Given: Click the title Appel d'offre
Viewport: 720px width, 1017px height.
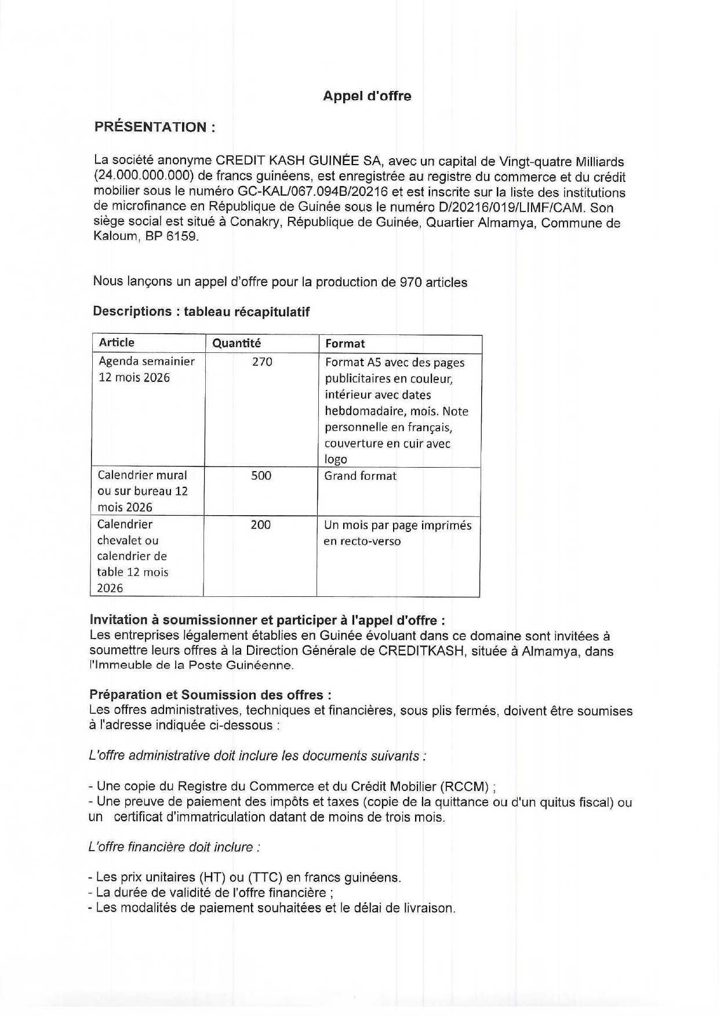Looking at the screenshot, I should click(367, 96).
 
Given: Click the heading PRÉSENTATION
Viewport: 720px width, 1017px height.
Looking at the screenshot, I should click(155, 127).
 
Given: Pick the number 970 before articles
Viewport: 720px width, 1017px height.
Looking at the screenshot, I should click(410, 282).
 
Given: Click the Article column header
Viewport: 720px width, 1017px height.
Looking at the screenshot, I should click(117, 342).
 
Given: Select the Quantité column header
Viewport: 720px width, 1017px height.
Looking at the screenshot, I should click(237, 343).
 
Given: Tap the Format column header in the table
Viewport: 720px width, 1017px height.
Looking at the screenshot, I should click(345, 344).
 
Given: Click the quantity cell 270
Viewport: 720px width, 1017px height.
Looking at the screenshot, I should click(262, 362).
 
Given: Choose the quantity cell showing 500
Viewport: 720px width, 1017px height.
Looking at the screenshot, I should click(261, 476).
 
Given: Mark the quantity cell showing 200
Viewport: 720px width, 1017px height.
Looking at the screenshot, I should click(260, 525).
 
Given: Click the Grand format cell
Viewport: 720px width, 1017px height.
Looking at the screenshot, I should click(360, 476).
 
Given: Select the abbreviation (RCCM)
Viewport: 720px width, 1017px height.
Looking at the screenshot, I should click(465, 786).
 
